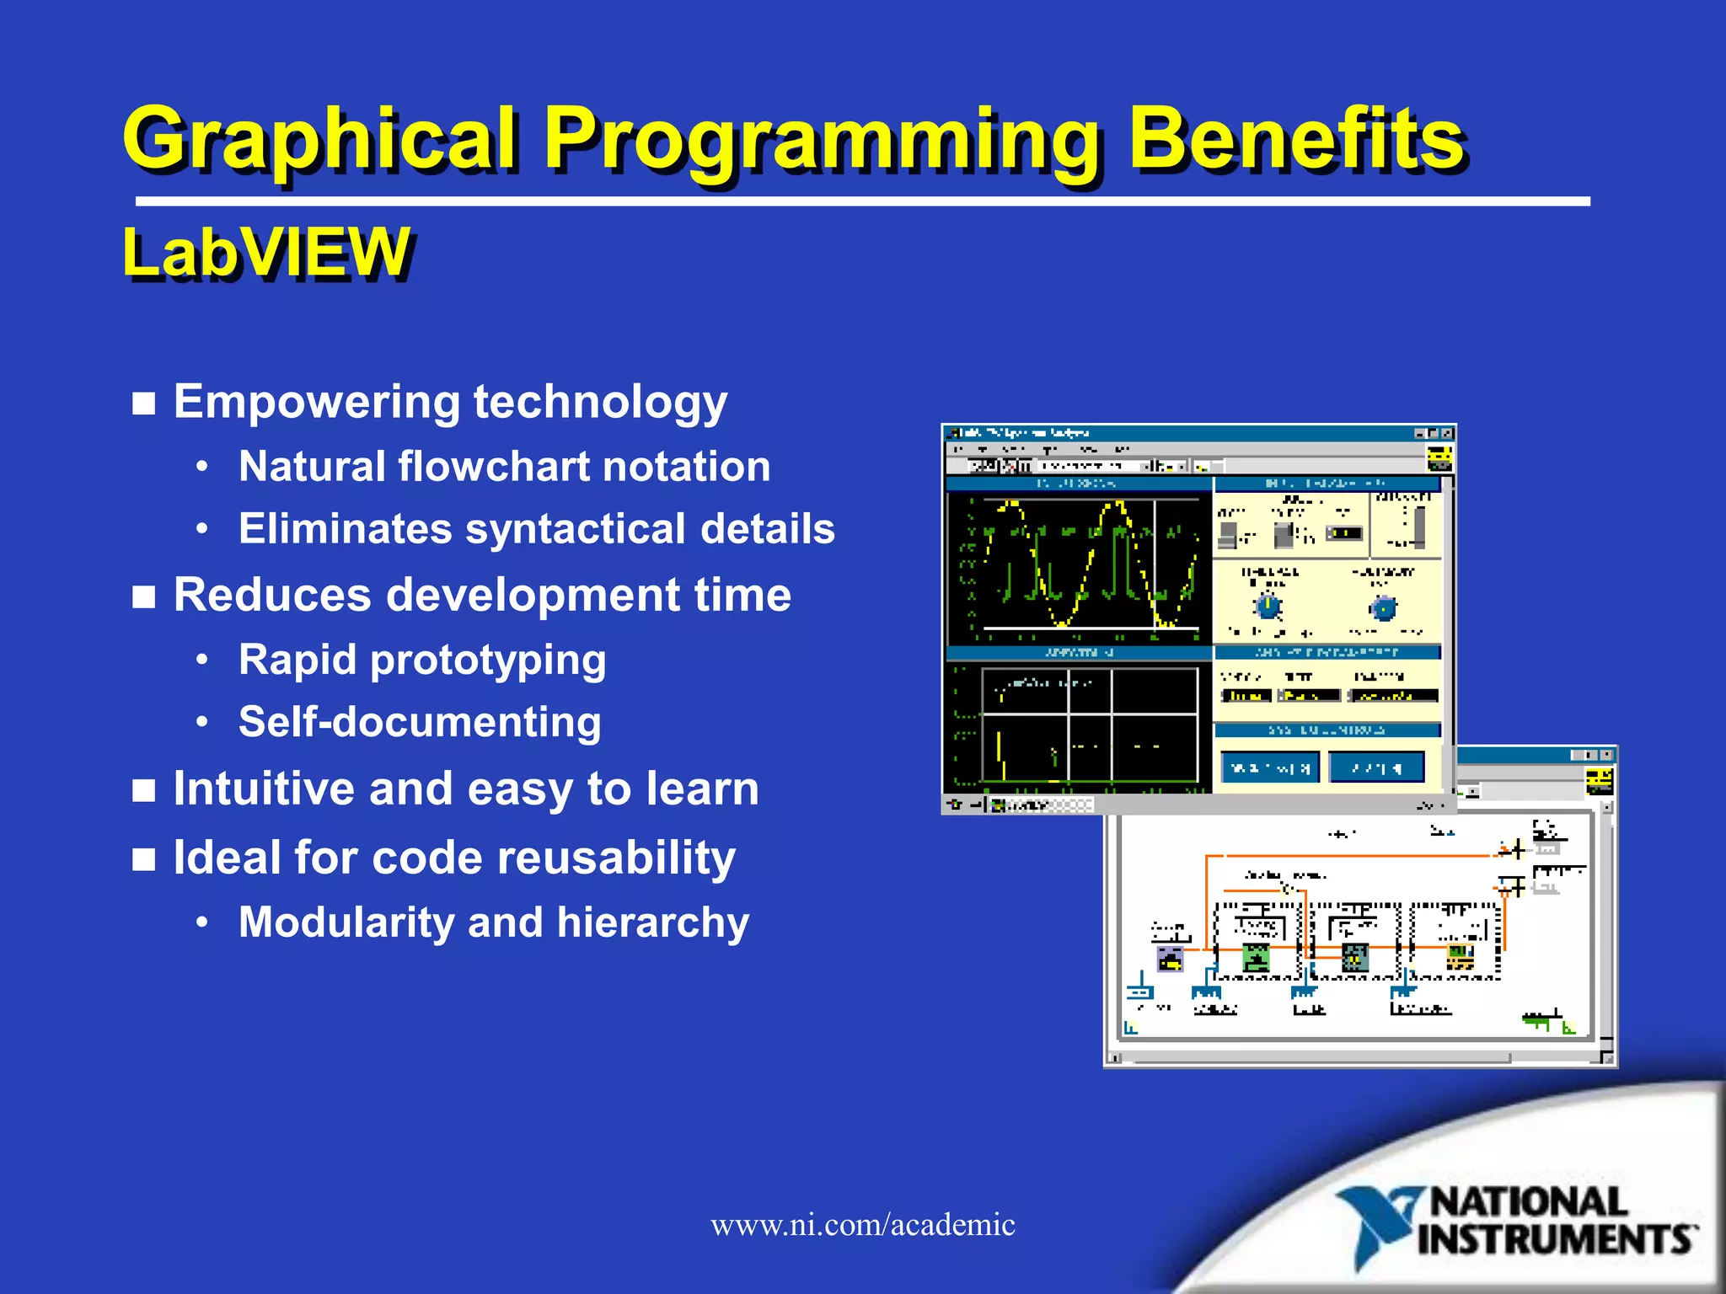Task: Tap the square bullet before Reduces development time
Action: coord(144,596)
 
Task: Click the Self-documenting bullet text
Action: coord(420,722)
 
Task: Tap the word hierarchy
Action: coord(652,922)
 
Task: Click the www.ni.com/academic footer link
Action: coord(862,1224)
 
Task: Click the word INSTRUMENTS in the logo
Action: coord(1556,1239)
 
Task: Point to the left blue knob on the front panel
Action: coord(1268,606)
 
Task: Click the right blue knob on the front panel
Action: coord(1383,607)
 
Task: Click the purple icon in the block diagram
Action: coord(1170,959)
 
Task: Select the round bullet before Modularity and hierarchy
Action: coord(201,922)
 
